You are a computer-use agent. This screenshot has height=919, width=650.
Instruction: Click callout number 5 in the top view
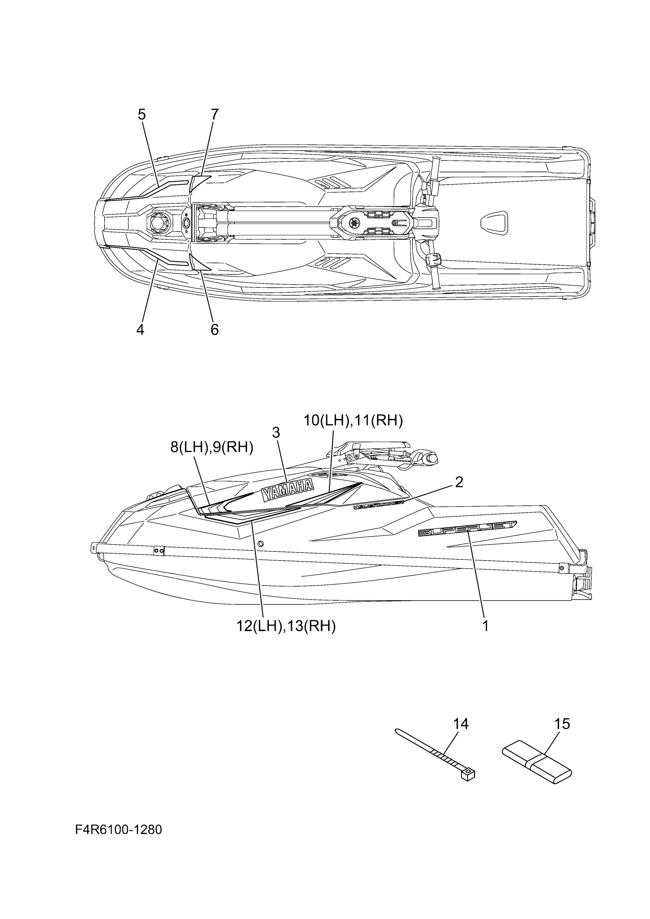pos(142,115)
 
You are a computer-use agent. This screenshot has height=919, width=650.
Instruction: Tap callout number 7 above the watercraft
pos(214,115)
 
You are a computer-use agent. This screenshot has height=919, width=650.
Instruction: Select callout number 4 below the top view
pos(140,330)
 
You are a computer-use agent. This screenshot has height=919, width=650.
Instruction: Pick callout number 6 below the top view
pos(214,330)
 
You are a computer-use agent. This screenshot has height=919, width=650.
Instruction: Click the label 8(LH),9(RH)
pos(212,447)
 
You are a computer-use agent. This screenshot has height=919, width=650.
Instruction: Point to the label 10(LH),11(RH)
pos(353,421)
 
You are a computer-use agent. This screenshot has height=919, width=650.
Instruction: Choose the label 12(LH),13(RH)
pos(286,626)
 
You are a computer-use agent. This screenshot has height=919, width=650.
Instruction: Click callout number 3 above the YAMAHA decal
pos(276,433)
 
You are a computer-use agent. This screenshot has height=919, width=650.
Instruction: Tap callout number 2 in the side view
pos(459,482)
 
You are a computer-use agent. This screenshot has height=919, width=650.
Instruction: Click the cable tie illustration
pos(434,754)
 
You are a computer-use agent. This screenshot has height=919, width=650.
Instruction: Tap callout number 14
pos(461,724)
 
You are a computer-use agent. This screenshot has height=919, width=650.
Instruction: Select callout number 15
pos(562,724)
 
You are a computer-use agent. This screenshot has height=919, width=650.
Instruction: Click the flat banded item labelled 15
pos(537,760)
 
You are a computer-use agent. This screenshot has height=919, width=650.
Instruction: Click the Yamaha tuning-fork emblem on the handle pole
pos(354,222)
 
